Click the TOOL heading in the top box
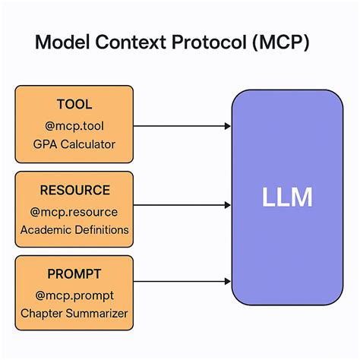coord(74,105)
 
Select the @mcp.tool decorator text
coord(74,125)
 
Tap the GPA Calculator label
coord(74,144)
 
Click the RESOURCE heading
coord(74,190)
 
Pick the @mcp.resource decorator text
coord(74,210)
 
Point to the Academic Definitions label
coord(74,229)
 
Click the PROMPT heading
coord(74,273)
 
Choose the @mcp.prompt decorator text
coord(74,293)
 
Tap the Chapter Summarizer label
coord(74,313)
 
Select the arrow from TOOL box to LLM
coord(182,125)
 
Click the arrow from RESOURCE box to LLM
coord(182,205)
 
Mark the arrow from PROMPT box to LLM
coord(182,282)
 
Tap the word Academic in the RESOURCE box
coord(45,229)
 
